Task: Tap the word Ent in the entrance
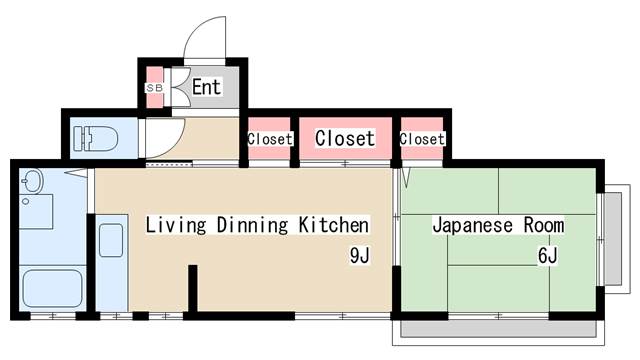(x=206, y=87)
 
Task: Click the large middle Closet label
(x=345, y=139)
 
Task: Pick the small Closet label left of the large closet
(x=269, y=139)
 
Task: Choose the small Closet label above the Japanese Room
(x=422, y=139)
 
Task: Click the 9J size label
(x=360, y=256)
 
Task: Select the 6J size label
(x=547, y=256)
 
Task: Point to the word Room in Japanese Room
(x=542, y=224)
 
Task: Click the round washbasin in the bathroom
(x=33, y=183)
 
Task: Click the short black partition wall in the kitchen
(x=194, y=289)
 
